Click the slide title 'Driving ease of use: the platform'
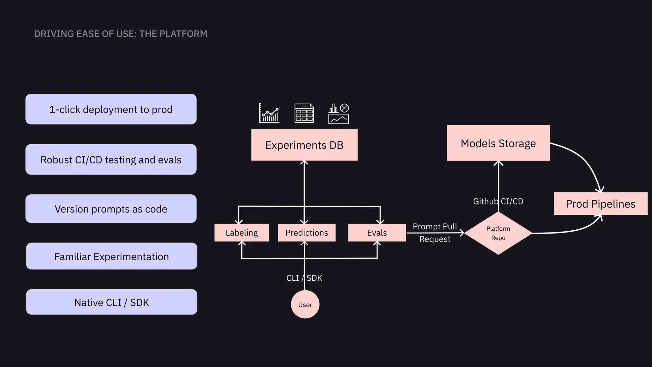coord(120,34)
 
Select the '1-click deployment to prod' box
coord(111,109)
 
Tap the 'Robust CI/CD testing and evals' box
coord(111,160)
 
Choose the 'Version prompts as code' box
coord(111,209)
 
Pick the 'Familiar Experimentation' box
coord(111,256)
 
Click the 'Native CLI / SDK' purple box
coord(111,302)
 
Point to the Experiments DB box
coord(304,145)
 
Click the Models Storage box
coord(498,143)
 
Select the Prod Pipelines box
coord(600,204)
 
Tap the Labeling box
coord(241,233)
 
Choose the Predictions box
coord(306,233)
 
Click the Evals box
coord(377,233)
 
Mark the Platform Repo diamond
coord(498,233)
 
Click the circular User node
coord(305,305)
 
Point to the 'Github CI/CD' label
coord(498,201)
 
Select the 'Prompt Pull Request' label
coord(435,233)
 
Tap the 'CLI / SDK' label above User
coord(304,278)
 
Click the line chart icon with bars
coord(269,113)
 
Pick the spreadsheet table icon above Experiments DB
coord(304,113)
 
